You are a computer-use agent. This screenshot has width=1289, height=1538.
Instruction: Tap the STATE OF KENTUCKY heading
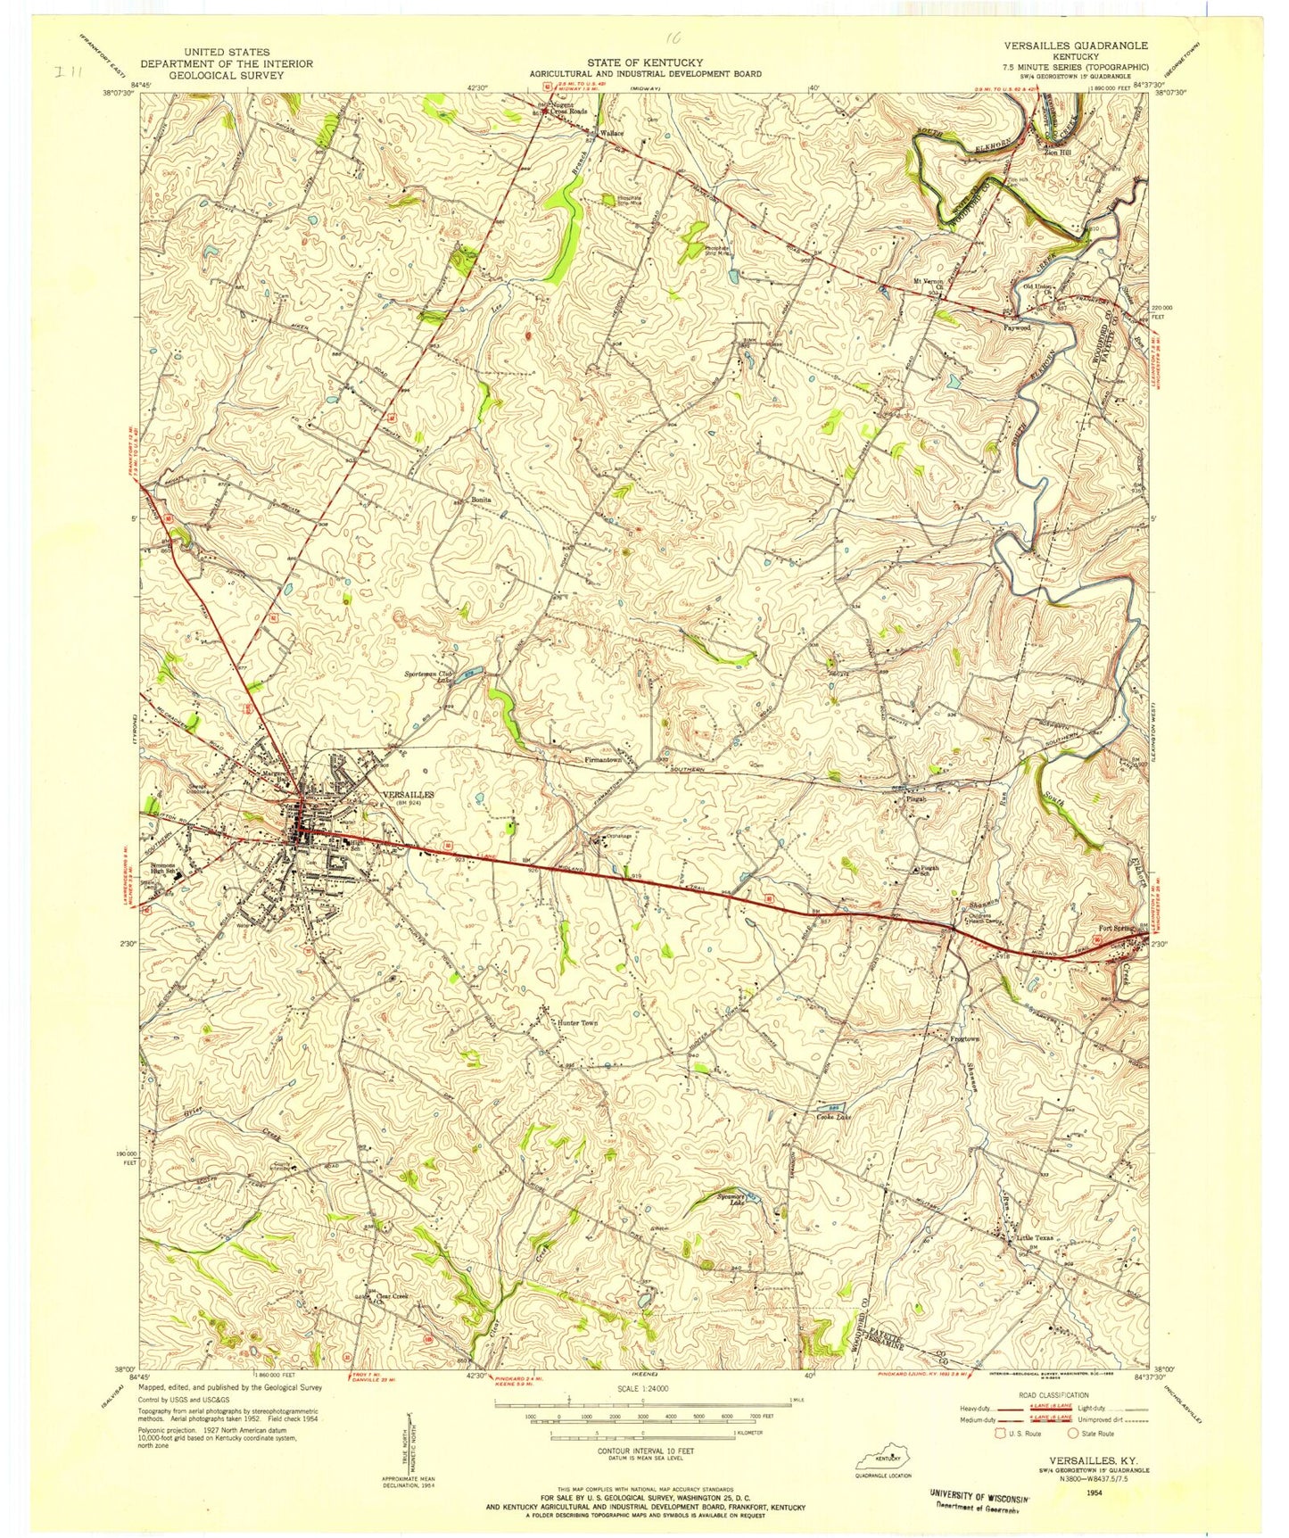coord(630,62)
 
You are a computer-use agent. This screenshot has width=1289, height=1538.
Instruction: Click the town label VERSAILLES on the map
coord(408,793)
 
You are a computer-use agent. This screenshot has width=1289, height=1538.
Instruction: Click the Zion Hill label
coord(1061,152)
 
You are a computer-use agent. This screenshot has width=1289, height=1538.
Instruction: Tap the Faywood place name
coord(1018,327)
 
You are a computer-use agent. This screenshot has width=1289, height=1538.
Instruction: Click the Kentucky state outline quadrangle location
coord(887,1460)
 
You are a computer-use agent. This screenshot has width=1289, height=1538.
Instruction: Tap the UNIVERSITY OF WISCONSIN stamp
coord(979,1493)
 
